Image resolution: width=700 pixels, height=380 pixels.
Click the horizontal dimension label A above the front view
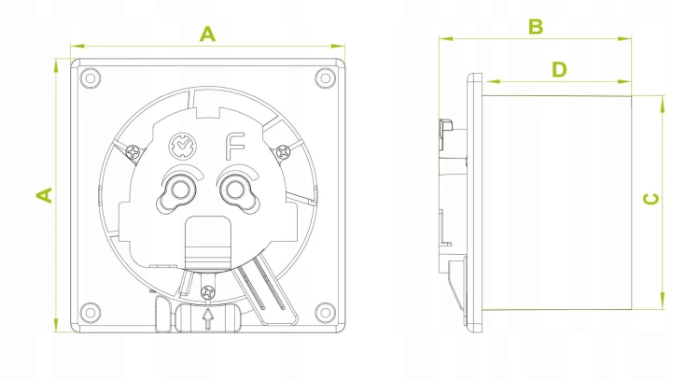point(207,35)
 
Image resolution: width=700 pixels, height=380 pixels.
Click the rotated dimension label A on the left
point(44,195)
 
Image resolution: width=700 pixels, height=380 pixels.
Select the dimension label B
point(536,27)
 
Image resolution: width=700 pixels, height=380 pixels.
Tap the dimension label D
point(559,70)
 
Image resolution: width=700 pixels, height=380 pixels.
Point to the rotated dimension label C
point(651,199)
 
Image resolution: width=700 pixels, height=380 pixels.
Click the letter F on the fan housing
point(235,146)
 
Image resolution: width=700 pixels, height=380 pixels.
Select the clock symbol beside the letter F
point(183,146)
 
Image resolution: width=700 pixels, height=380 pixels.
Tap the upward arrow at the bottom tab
point(207,318)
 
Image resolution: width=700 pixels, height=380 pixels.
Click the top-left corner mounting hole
point(91,78)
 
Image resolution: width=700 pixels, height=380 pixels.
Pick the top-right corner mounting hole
point(325,78)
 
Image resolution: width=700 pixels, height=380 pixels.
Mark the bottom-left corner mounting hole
point(91,311)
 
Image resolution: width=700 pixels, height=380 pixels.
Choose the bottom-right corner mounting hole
point(325,311)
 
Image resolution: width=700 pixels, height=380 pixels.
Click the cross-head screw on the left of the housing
point(133,152)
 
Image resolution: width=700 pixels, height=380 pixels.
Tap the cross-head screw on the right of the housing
point(283,152)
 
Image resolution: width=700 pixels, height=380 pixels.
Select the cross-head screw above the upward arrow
point(208,293)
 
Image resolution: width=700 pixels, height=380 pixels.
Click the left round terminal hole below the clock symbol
point(178,190)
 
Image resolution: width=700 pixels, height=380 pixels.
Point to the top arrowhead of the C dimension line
point(663,104)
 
